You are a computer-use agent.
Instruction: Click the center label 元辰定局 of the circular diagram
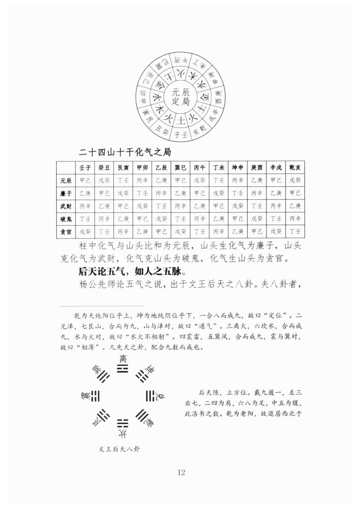point(180,97)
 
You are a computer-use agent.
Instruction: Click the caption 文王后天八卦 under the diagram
point(119,449)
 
